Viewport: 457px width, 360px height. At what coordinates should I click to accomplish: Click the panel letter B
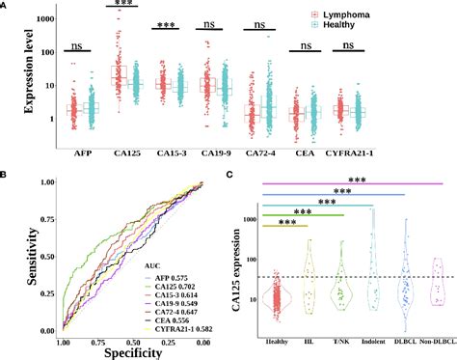click(x=6, y=176)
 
